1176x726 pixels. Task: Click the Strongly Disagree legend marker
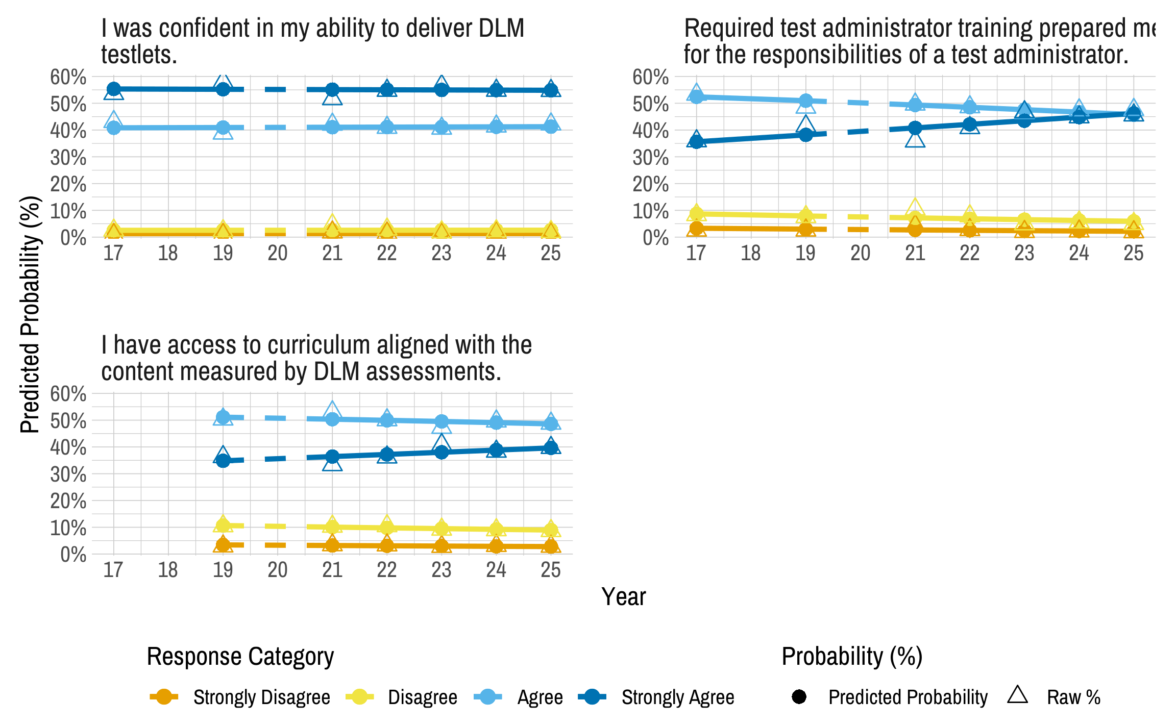[x=164, y=697]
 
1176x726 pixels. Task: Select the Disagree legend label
[x=422, y=697]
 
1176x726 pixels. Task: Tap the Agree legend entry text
[x=540, y=697]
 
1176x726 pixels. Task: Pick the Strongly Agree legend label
[x=677, y=697]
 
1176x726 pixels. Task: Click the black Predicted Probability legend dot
[x=799, y=697]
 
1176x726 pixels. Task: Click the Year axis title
[x=623, y=596]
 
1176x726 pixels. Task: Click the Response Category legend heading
[x=240, y=657]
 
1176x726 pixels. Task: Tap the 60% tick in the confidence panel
[x=68, y=78]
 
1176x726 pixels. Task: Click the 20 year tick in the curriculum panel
[x=277, y=570]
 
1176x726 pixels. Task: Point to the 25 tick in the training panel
[x=1133, y=253]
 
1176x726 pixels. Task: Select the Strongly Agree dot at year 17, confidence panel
[x=114, y=89]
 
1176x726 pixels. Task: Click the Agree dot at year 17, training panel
[x=697, y=96]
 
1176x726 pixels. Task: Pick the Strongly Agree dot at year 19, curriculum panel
[x=223, y=461]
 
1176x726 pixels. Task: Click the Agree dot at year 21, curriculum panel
[x=332, y=419]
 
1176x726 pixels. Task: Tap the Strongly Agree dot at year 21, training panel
[x=915, y=128]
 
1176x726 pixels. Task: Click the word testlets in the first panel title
[x=139, y=55]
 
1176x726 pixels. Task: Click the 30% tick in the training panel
[x=650, y=158]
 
